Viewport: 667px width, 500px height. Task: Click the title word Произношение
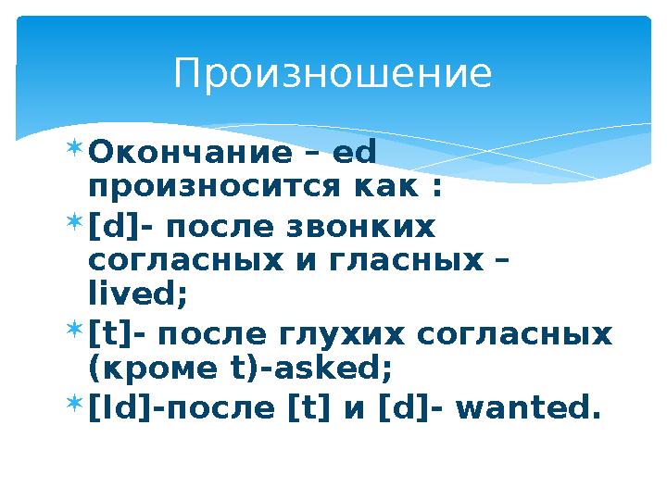333,74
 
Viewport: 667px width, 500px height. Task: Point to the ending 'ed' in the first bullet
358,150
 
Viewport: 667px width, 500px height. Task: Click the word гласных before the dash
422,262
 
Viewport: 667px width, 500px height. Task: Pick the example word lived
137,295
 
